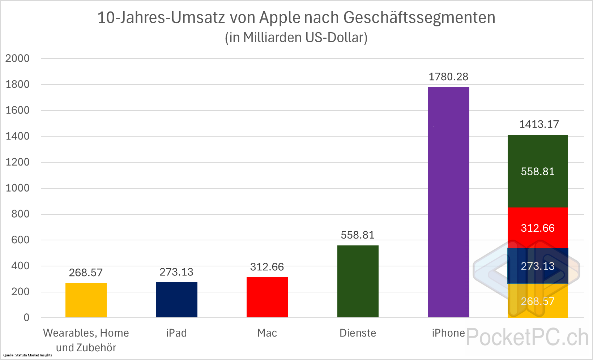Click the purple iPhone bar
click(448, 202)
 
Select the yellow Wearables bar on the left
click(86, 300)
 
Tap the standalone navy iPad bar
click(176, 300)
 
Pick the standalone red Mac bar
click(267, 297)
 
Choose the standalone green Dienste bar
click(358, 281)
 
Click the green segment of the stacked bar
click(538, 171)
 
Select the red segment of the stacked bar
click(538, 228)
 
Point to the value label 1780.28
click(448, 77)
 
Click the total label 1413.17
click(539, 124)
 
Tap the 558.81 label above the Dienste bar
click(358, 235)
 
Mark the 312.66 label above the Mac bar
click(267, 267)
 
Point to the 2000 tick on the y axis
click(17, 58)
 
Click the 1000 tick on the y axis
click(17, 188)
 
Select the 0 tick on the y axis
click(26, 318)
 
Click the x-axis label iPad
click(176, 333)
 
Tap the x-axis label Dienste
click(358, 333)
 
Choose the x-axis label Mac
click(267, 333)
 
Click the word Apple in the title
click(280, 17)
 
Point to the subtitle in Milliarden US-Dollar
click(296, 38)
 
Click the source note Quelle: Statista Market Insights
click(27, 355)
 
